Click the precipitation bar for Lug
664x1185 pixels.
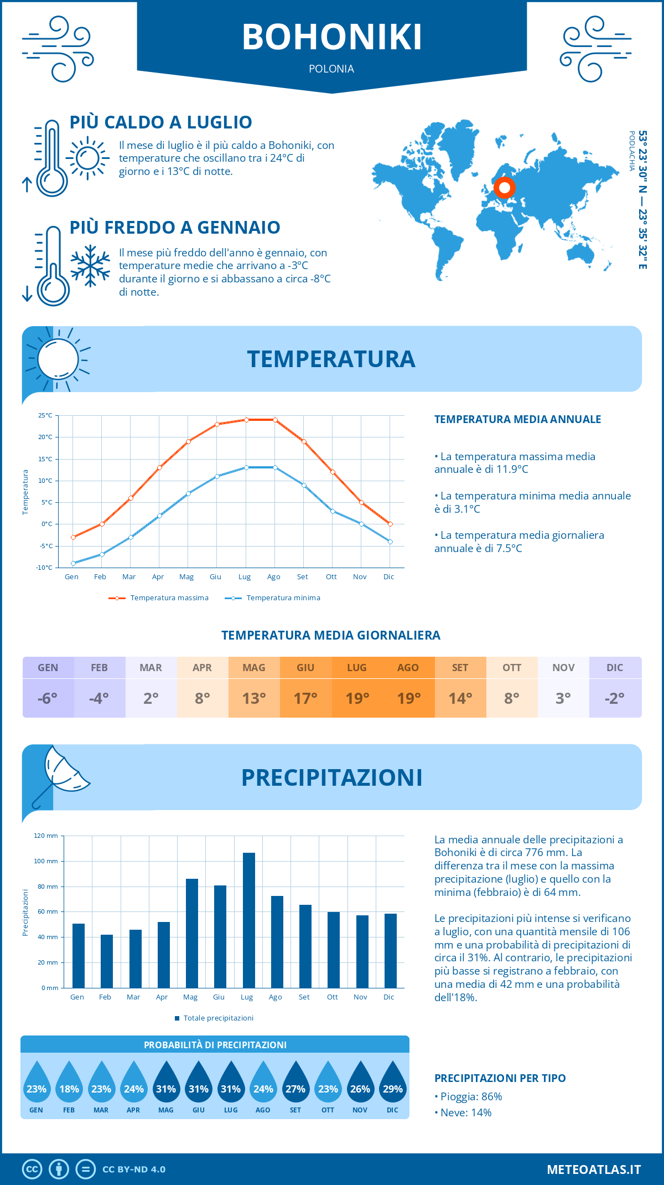(x=249, y=920)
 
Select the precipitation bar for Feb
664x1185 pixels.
(x=107, y=961)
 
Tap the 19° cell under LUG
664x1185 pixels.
(x=357, y=698)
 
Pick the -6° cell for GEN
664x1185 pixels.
(x=48, y=698)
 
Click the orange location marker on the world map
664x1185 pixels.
(x=504, y=188)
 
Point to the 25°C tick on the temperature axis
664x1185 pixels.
(x=45, y=415)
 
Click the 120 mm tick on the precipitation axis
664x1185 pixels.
(x=46, y=836)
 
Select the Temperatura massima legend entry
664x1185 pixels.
(x=159, y=598)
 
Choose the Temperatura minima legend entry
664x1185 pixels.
(x=273, y=598)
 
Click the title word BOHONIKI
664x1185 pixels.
(x=332, y=37)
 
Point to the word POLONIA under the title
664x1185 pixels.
(x=331, y=69)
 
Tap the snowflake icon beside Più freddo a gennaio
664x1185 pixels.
(x=90, y=266)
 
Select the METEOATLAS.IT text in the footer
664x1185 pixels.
(x=594, y=1169)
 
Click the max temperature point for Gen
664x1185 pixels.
(x=73, y=537)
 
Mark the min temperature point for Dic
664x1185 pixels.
(x=390, y=542)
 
